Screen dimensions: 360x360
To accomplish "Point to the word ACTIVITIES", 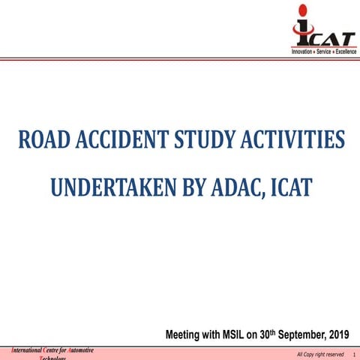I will click(x=292, y=140).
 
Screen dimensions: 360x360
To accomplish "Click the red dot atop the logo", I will click(x=301, y=10).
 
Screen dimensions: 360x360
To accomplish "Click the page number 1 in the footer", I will click(x=352, y=354).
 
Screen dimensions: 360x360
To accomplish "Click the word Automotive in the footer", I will click(x=78, y=349).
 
